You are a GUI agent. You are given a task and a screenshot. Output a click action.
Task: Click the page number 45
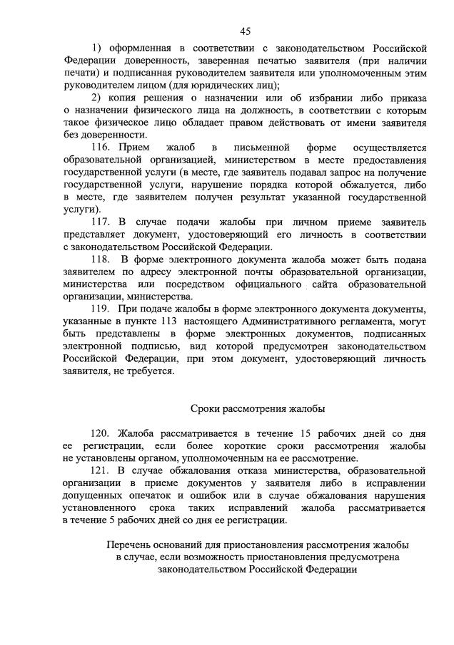(245, 31)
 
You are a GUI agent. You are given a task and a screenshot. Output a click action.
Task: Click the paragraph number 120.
(101, 433)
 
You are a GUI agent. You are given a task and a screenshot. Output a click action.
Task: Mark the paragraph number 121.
(101, 470)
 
